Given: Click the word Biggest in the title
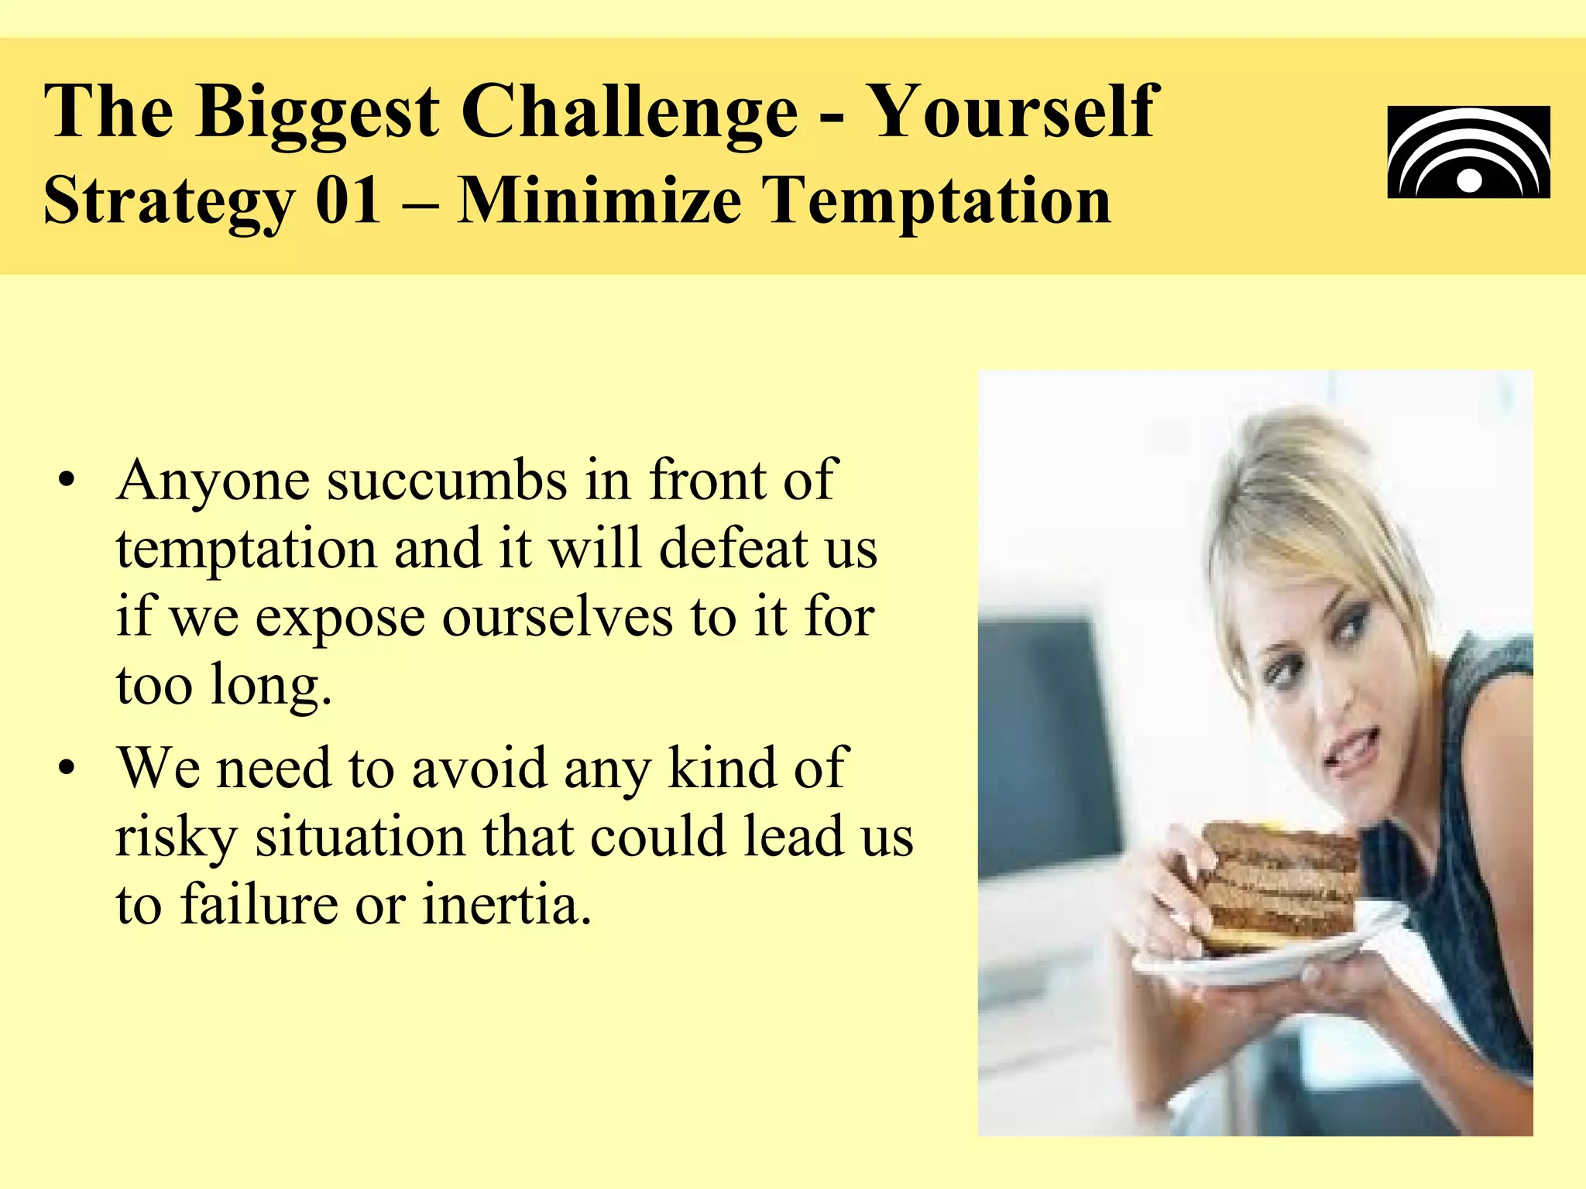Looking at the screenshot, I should (x=317, y=113).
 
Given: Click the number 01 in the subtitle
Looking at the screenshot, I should (x=348, y=200).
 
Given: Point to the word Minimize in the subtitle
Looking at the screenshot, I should (x=599, y=200).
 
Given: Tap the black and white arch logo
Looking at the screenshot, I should (x=1468, y=152).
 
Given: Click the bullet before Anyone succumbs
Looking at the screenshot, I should (x=68, y=481).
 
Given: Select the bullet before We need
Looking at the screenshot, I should (x=68, y=769).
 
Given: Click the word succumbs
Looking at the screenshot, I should (x=447, y=481).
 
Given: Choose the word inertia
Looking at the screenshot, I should (x=506, y=905).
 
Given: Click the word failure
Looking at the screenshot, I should (x=259, y=905).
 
